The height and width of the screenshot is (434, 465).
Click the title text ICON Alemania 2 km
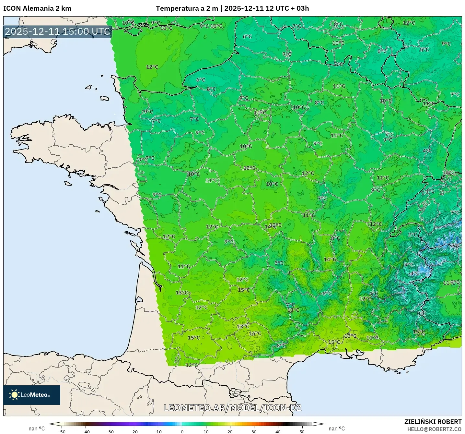(37, 8)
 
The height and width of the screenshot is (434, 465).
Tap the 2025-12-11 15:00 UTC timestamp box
(58, 31)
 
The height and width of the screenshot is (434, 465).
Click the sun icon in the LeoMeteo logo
(15, 395)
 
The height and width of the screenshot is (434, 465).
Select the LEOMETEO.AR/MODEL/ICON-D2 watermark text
(232, 408)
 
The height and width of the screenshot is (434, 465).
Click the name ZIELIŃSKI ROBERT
(433, 422)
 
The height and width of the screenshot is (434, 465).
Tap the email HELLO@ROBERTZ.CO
(434, 429)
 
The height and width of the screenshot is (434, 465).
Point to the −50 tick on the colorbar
(61, 431)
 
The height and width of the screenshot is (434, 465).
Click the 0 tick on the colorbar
(182, 431)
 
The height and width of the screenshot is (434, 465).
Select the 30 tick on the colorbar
(254, 431)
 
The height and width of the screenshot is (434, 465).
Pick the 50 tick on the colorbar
(302, 431)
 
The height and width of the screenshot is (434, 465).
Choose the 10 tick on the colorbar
(206, 431)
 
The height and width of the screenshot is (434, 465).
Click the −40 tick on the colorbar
(86, 431)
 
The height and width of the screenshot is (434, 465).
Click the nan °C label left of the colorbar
(37, 428)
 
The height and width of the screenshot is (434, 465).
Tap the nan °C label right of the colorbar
(337, 428)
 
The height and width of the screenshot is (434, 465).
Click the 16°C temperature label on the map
(255, 333)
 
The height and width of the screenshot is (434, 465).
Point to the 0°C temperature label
(421, 314)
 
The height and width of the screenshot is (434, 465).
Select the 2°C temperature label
(412, 235)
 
